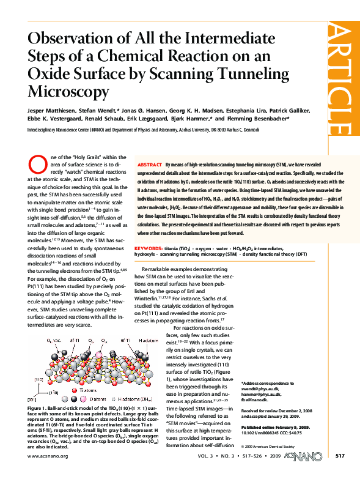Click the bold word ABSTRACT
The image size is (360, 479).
pos(150,166)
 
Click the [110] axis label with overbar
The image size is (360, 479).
pos(38,390)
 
